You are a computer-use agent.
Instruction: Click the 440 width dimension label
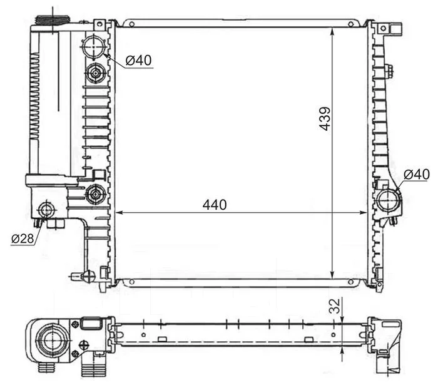tap(215, 205)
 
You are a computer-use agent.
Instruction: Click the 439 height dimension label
tap(325, 119)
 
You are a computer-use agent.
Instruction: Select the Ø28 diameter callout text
tap(23, 239)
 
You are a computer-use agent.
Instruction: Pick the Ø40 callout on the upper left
tap(138, 60)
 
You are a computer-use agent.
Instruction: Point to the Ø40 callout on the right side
tap(417, 174)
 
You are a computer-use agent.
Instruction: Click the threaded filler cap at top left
tap(53, 21)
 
